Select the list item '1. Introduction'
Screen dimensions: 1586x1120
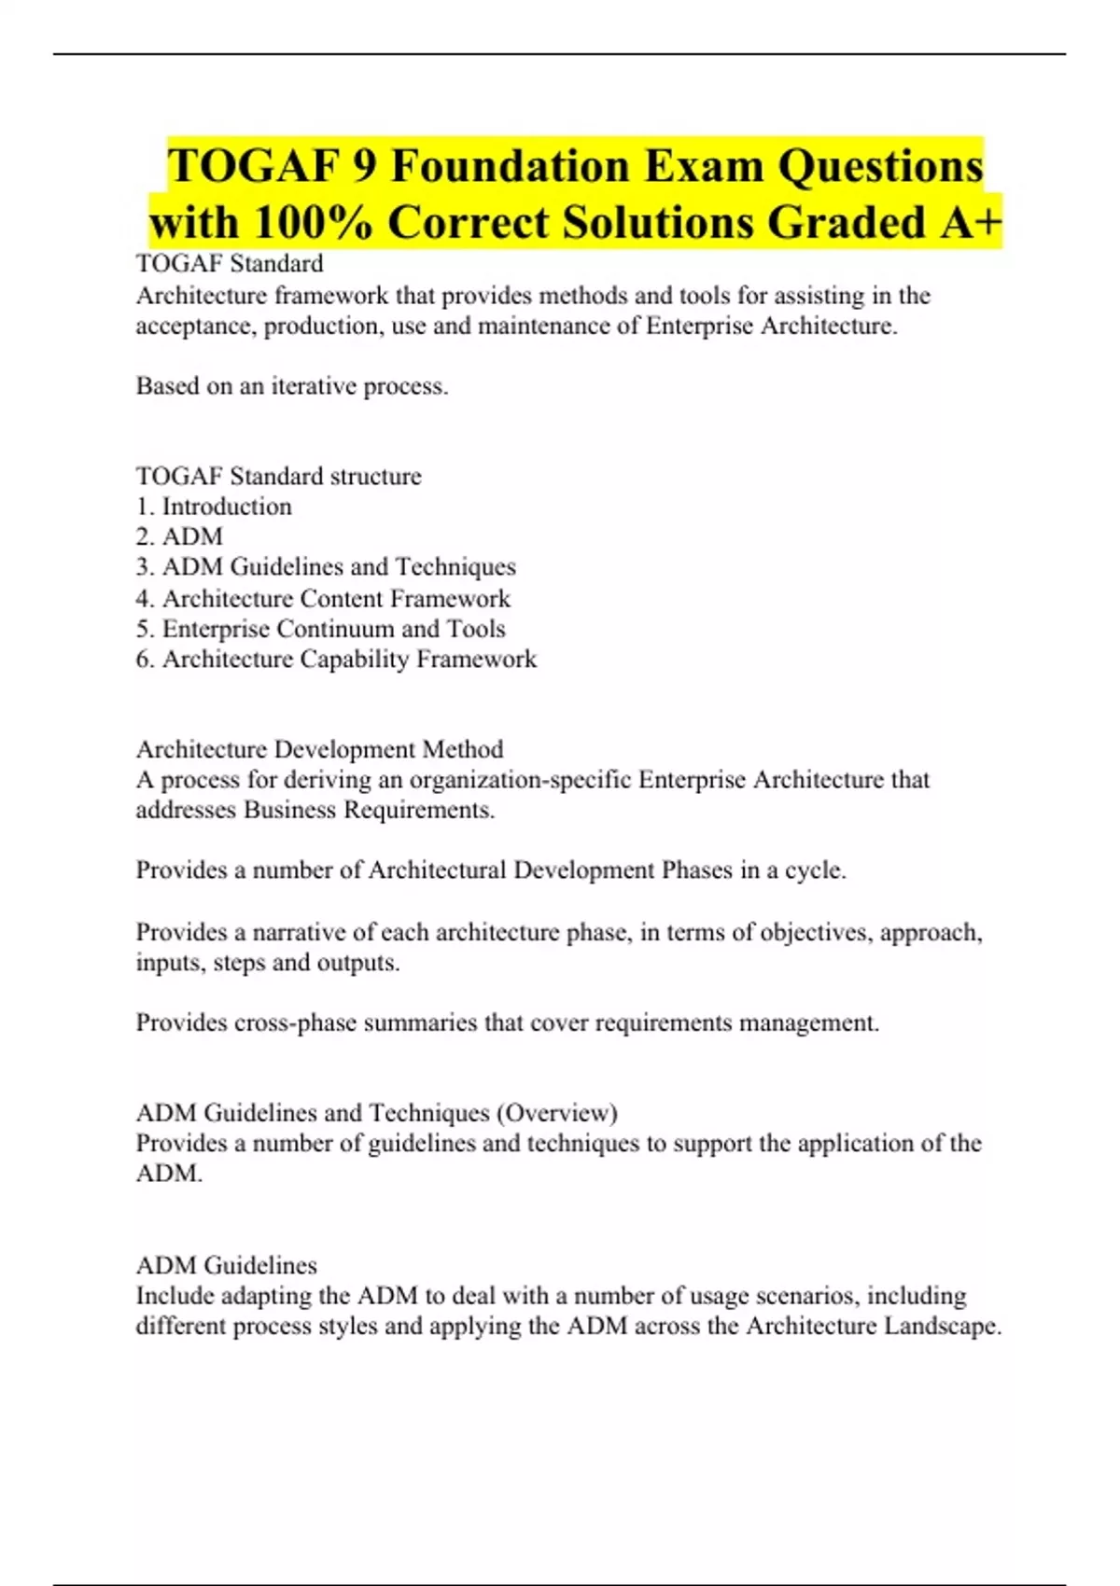tap(214, 507)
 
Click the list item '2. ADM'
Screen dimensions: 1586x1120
tap(179, 537)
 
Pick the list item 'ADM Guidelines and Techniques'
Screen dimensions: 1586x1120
tap(326, 567)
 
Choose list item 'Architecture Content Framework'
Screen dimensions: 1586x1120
tap(323, 598)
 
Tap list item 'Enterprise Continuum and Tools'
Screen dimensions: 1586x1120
tap(320, 629)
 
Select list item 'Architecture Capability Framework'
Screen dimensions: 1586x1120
tap(336, 660)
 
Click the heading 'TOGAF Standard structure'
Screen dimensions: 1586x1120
tap(278, 476)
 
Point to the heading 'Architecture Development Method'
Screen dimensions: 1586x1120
tap(319, 749)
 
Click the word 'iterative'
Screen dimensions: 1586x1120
tap(314, 386)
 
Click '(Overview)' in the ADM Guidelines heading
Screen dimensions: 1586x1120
tap(557, 1113)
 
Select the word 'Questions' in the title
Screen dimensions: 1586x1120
tap(880, 167)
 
